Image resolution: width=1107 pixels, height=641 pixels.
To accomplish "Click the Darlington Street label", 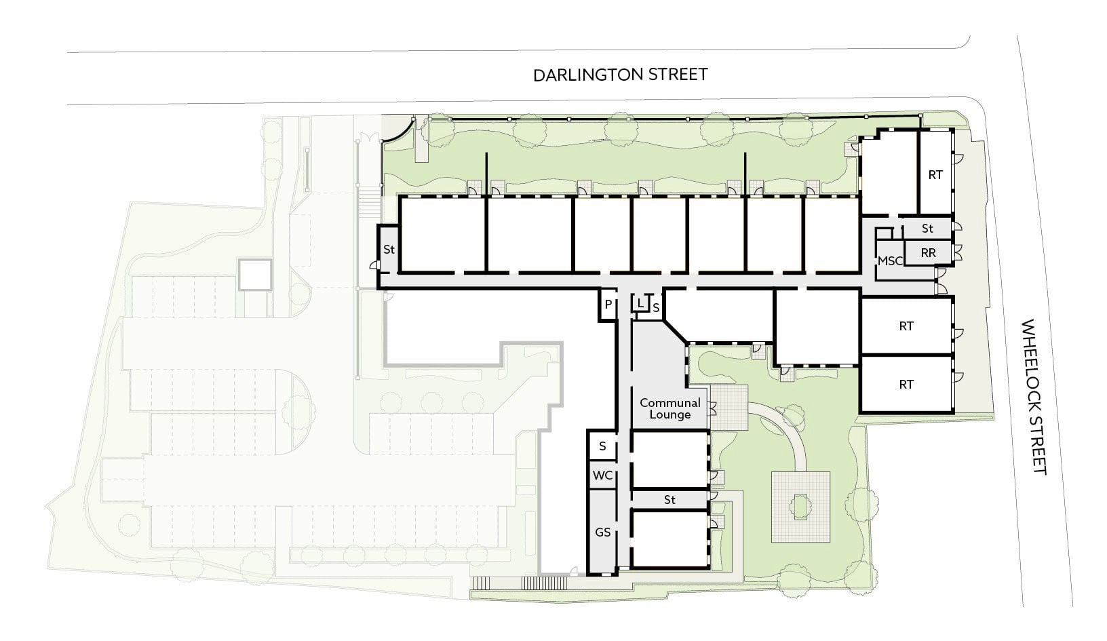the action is pyautogui.click(x=620, y=75).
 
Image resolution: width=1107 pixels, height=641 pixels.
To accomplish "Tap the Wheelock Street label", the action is pyautogui.click(x=1034, y=396).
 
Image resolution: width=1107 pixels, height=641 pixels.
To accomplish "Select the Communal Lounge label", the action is pyautogui.click(x=670, y=409).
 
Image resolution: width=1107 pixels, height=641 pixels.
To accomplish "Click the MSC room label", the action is pyautogui.click(x=890, y=261).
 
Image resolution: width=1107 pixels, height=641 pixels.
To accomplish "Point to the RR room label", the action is pyautogui.click(x=928, y=253).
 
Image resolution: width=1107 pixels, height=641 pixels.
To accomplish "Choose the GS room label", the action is pyautogui.click(x=602, y=532).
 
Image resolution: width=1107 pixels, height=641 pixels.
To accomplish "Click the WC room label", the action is pyautogui.click(x=602, y=475).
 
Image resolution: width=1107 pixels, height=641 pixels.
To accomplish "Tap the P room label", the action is pyautogui.click(x=608, y=305).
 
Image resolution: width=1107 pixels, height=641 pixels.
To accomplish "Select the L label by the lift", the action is pyautogui.click(x=640, y=303).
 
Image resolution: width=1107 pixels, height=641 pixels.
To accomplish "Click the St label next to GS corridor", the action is pyautogui.click(x=669, y=500).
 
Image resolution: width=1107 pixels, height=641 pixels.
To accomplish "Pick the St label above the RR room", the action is pyautogui.click(x=927, y=229).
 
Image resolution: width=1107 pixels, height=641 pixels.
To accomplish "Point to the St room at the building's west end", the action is pyautogui.click(x=389, y=250).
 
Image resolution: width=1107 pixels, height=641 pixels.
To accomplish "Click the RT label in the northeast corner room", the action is pyautogui.click(x=935, y=175).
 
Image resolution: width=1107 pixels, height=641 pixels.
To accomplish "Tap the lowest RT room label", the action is pyautogui.click(x=906, y=385).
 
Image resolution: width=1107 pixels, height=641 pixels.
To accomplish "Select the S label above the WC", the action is pyautogui.click(x=602, y=446).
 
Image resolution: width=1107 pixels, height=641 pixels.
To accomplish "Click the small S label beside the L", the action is pyautogui.click(x=656, y=308).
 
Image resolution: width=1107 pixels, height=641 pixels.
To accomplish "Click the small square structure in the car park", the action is pyautogui.click(x=255, y=275).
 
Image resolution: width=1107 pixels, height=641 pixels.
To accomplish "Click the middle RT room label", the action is pyautogui.click(x=906, y=326).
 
